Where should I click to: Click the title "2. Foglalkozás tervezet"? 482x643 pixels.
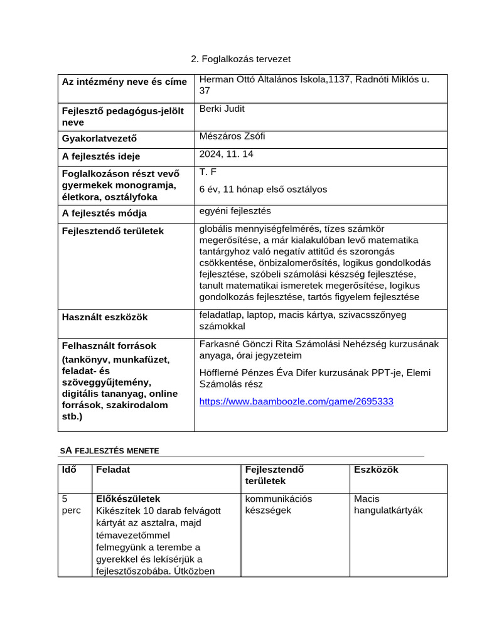(x=241, y=59)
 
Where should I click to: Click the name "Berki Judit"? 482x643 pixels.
(x=222, y=109)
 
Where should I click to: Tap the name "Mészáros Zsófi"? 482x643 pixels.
(x=228, y=136)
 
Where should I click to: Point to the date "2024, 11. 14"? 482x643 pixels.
(x=226, y=154)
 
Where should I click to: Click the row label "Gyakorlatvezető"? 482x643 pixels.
(x=99, y=139)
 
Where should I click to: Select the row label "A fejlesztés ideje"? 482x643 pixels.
(x=100, y=156)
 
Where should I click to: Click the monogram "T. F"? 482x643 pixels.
(x=208, y=172)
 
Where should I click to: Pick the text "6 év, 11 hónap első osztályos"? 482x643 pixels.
(x=263, y=189)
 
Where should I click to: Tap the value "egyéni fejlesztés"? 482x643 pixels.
(x=235, y=211)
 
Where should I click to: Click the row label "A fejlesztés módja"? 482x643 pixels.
(x=104, y=213)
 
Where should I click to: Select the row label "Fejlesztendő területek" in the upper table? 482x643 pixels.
(x=112, y=231)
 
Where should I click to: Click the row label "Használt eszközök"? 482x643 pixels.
(x=104, y=317)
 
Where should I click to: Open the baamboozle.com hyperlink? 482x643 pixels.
(x=296, y=401)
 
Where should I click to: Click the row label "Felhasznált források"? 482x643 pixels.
(x=109, y=346)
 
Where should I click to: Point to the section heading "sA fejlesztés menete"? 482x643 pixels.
(x=109, y=450)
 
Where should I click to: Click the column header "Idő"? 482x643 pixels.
(x=68, y=470)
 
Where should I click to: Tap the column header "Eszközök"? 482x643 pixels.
(x=376, y=470)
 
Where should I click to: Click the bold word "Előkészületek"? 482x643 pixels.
(x=128, y=499)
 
